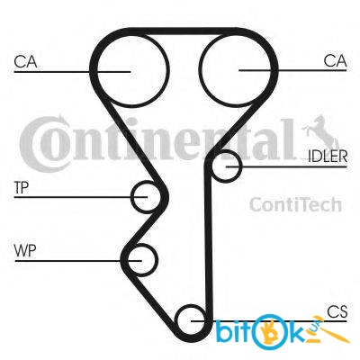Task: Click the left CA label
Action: click(25, 61)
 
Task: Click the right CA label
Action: click(335, 60)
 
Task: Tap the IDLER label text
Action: click(328, 157)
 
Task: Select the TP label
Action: click(22, 187)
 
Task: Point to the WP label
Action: click(25, 250)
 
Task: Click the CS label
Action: click(337, 311)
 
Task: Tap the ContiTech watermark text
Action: click(296, 204)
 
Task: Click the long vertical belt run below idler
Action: click(208, 240)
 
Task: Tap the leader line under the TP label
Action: click(81, 197)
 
